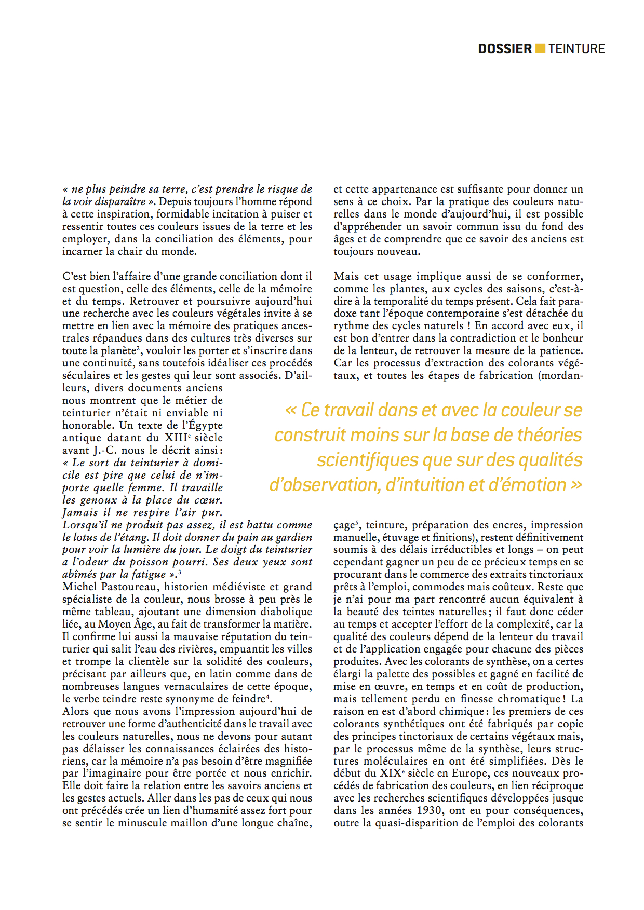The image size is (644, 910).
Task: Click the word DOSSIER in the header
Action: tap(505, 49)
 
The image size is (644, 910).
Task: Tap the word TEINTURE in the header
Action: tap(576, 49)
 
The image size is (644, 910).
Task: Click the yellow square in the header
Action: tap(540, 49)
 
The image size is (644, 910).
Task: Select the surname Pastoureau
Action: tap(129, 587)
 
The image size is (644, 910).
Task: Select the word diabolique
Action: tap(286, 612)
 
